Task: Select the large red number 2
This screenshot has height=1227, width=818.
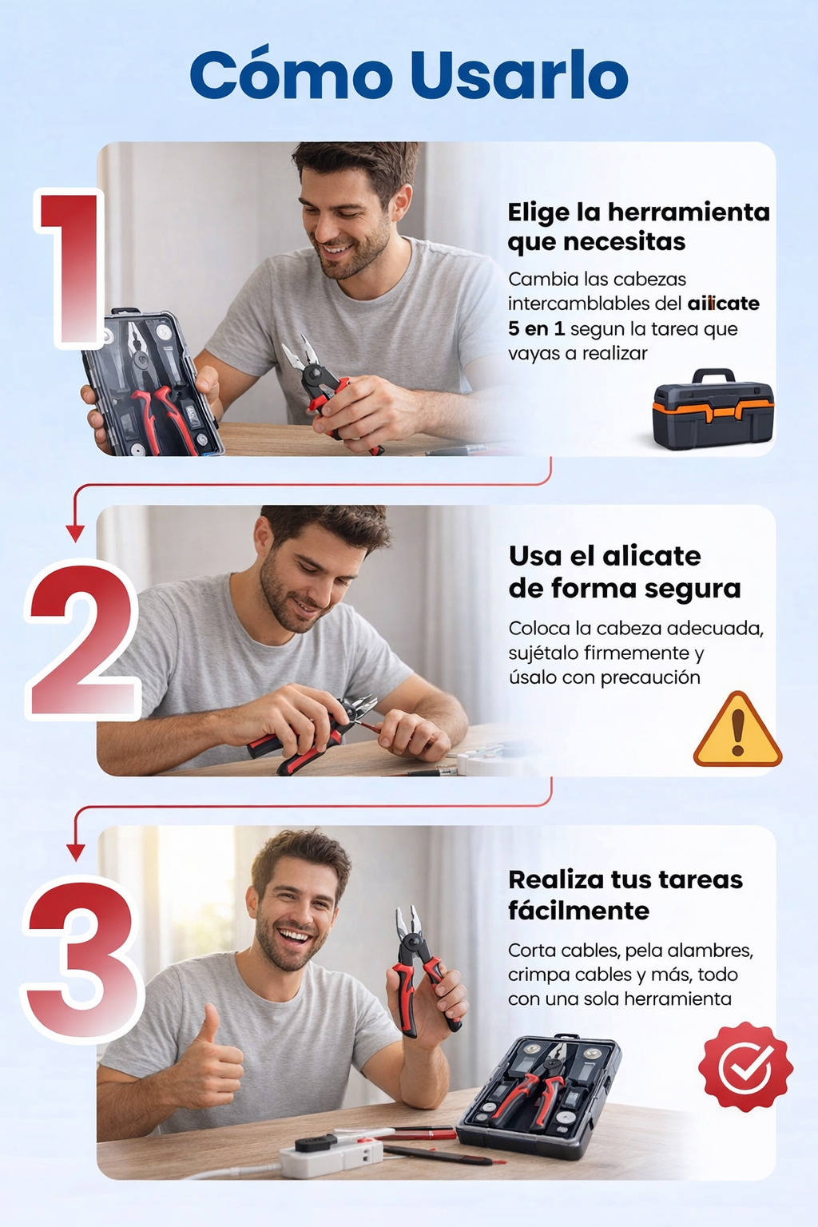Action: point(82,639)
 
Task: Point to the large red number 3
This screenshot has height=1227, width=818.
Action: point(82,959)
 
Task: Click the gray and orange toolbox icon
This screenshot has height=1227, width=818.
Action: point(713,408)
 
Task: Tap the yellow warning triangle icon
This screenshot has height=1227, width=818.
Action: point(737,729)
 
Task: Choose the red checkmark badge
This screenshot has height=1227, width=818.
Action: point(745,1066)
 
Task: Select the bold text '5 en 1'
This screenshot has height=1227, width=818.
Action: point(536,328)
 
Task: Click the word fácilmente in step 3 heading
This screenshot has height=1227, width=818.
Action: point(578,911)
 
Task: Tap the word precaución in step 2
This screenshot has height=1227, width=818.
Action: point(650,678)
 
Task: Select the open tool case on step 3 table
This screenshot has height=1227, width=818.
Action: point(540,1093)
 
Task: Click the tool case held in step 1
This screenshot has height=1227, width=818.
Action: point(153,383)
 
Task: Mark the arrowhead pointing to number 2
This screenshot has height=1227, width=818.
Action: point(75,533)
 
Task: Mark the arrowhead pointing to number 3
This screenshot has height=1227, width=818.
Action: point(76,853)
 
